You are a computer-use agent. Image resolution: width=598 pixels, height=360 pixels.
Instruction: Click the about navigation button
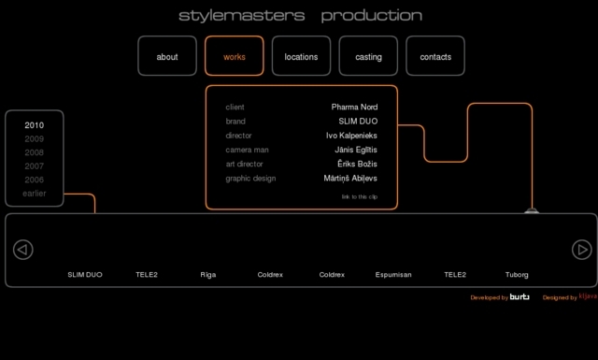[167, 56]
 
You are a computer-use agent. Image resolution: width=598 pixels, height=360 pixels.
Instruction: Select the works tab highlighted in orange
[235, 56]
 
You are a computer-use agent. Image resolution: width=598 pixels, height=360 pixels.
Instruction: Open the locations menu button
[301, 56]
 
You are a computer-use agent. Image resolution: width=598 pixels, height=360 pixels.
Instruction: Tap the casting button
[368, 56]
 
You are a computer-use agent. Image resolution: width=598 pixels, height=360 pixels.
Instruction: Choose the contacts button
[435, 56]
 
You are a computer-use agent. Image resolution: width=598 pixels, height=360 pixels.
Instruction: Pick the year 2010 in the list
[35, 125]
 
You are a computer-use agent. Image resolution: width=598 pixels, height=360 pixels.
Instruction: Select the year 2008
[35, 152]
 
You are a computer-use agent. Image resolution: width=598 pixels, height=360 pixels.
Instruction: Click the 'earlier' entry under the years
[35, 194]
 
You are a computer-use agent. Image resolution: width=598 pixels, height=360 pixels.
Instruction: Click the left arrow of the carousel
[23, 250]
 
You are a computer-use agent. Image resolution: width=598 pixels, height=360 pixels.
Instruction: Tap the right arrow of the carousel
[581, 250]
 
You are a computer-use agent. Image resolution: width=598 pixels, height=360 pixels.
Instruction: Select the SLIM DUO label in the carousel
[85, 275]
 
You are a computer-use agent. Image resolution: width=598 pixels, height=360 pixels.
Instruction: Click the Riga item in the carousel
[207, 275]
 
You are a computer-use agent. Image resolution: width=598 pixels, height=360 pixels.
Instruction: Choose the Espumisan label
[393, 275]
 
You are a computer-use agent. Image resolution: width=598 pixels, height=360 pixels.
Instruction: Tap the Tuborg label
[517, 275]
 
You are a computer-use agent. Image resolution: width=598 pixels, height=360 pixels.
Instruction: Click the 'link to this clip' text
[360, 197]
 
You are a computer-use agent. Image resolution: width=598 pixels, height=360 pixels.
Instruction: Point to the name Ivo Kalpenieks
[351, 136]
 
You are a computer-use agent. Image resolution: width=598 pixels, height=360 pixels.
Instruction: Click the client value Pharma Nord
[354, 108]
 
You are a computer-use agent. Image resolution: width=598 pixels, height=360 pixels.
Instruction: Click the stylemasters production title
[300, 15]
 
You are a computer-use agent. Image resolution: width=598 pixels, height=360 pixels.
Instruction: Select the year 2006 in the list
[35, 180]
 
